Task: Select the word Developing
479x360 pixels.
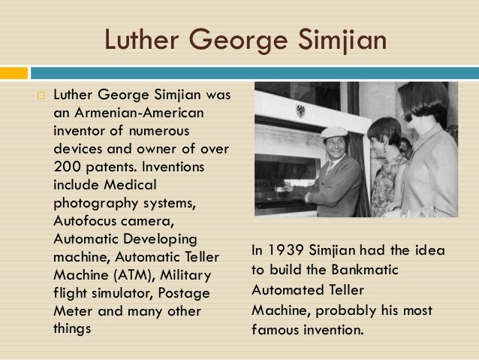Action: click(162, 240)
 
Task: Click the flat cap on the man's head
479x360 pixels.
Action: click(333, 132)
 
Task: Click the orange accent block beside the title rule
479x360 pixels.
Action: click(14, 73)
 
